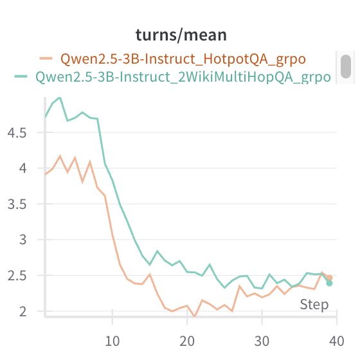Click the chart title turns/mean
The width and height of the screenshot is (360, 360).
[180, 35]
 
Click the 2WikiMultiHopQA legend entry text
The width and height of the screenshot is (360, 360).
[183, 77]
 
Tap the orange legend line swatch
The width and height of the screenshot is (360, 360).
[46, 59]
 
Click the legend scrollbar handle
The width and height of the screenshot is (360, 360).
[346, 66]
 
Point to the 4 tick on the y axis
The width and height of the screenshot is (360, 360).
[24, 168]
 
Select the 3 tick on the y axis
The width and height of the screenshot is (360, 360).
[24, 240]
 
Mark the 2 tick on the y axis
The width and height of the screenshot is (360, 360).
[24, 311]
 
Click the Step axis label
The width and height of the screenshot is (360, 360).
[314, 305]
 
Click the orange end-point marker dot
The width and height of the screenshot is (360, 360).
[329, 278]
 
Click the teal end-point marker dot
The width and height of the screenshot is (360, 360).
[329, 283]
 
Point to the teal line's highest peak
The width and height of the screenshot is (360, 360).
[60, 98]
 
